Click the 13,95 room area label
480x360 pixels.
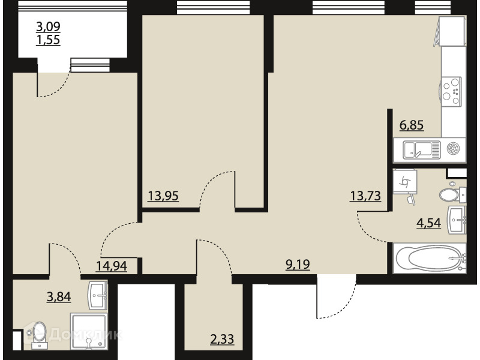coord(163,196)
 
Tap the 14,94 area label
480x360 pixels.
coord(112,266)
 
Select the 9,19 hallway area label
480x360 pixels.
coord(298,264)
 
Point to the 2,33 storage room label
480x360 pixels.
coord(222,339)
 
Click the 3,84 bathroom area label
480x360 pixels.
coord(59,296)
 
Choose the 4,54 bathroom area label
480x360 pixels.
coord(428,223)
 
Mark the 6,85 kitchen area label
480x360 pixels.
coord(412,125)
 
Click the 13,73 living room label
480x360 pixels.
coord(365,196)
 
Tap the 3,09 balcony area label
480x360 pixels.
coord(49,26)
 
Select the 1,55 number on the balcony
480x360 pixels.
coord(49,40)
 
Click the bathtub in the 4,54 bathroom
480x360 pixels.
coord(430,258)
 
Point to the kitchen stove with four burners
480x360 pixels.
coord(452,92)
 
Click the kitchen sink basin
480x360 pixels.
coord(417,149)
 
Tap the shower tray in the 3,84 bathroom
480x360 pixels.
coord(89,331)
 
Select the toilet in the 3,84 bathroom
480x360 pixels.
coord(40,334)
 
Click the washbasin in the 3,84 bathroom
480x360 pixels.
coord(98,295)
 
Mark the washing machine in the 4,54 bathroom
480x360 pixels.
coord(404,182)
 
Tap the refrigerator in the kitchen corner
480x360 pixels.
coord(452,31)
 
